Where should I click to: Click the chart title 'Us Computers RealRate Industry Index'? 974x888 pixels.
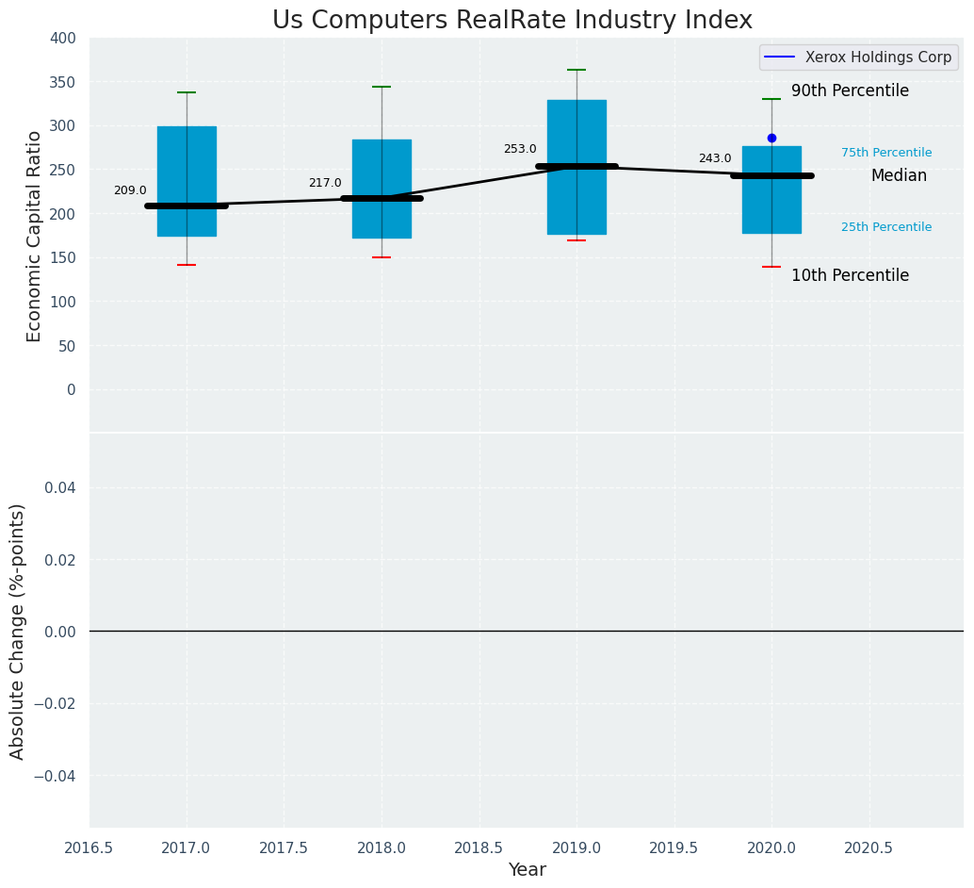(511, 20)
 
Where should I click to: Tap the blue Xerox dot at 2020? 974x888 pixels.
(771, 138)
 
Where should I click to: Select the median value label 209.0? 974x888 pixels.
(130, 190)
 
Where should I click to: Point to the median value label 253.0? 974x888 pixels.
(520, 149)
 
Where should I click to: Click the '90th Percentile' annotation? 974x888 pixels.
(850, 91)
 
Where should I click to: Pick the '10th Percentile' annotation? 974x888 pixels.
(850, 276)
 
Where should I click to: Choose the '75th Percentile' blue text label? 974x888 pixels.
(886, 153)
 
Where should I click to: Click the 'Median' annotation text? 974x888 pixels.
(899, 176)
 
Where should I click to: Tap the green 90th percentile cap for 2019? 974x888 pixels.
(576, 70)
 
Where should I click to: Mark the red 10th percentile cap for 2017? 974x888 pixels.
(187, 265)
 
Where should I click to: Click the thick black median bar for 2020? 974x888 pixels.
(771, 175)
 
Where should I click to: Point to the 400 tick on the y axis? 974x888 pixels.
(63, 38)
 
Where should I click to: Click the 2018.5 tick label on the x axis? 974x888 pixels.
(479, 847)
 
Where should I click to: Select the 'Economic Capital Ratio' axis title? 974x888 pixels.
(35, 236)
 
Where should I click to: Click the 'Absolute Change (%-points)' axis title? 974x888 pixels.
(18, 631)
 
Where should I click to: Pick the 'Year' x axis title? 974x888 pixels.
(527, 870)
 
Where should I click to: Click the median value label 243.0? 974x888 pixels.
(715, 158)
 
